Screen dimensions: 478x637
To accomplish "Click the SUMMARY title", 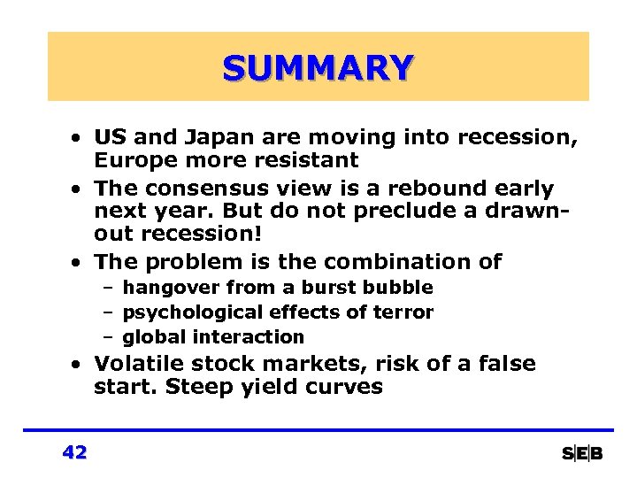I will point(318,67).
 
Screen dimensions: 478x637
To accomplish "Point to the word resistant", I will point(304,161).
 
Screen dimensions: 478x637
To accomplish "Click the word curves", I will point(342,388).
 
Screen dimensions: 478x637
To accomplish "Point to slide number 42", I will point(74,452).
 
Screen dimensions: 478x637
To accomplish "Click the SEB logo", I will point(582,453).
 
